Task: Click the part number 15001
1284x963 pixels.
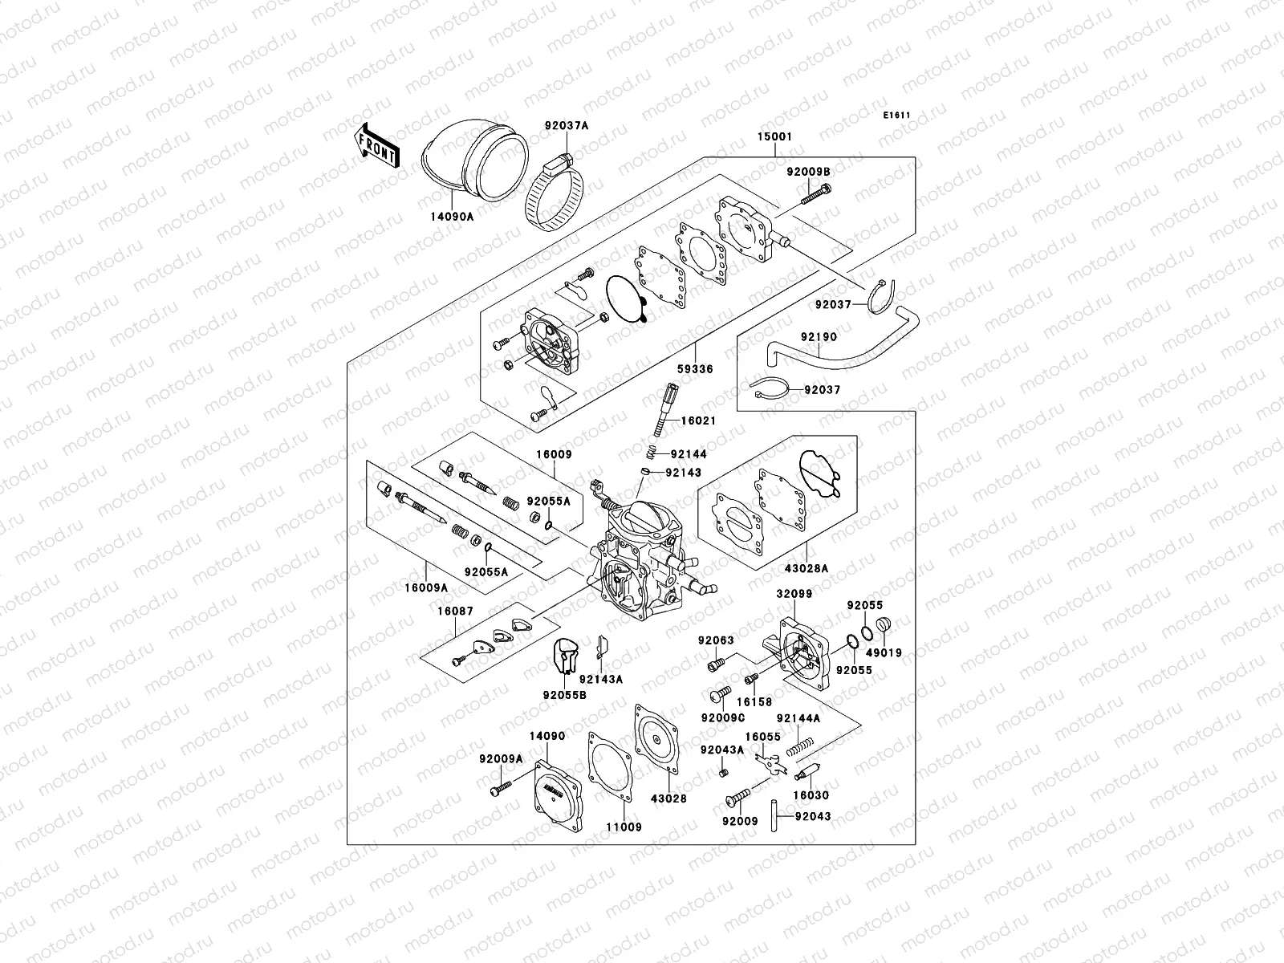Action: tap(774, 137)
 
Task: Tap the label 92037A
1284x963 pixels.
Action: tap(566, 126)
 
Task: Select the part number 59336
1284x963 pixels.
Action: tap(695, 370)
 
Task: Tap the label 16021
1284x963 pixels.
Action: tap(698, 421)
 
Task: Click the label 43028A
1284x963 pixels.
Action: tap(807, 568)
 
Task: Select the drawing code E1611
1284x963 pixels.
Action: tap(896, 116)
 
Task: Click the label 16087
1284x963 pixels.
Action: tap(455, 612)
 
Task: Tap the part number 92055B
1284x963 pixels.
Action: tap(564, 695)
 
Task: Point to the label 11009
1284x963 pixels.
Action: tap(624, 827)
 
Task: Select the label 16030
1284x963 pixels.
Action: tap(811, 796)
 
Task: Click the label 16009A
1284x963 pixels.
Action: tap(426, 587)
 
